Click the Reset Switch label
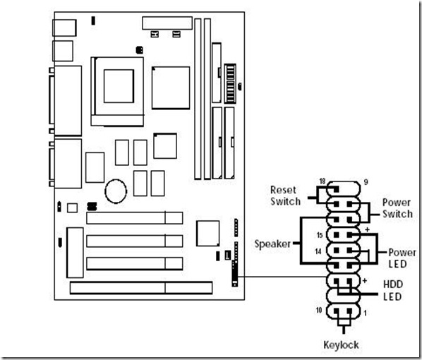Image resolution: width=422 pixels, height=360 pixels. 285,196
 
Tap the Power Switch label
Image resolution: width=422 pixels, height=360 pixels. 397,208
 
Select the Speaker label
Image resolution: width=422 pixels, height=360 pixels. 272,244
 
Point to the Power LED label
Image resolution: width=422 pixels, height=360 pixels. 402,258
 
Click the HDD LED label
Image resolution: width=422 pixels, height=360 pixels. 392,290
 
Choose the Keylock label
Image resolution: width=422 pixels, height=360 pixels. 341,345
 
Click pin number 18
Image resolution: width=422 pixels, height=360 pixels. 322,181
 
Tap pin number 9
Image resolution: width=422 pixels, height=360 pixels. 366,182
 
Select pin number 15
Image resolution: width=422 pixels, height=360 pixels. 320,235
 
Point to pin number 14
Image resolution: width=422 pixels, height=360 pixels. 318,251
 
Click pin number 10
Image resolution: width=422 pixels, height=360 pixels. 319,310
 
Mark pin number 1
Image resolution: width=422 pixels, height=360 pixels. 366,313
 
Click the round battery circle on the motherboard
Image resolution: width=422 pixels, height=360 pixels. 116,191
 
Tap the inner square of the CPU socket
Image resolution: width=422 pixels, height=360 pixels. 119,86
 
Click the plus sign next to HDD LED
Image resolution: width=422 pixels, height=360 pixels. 365,281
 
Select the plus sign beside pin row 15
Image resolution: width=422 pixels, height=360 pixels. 367,229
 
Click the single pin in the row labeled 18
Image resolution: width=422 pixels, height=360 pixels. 336,189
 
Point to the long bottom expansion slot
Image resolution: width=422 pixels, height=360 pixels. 141,288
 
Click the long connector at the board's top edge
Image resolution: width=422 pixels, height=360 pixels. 167,23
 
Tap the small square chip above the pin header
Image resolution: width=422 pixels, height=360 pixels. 207,234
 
